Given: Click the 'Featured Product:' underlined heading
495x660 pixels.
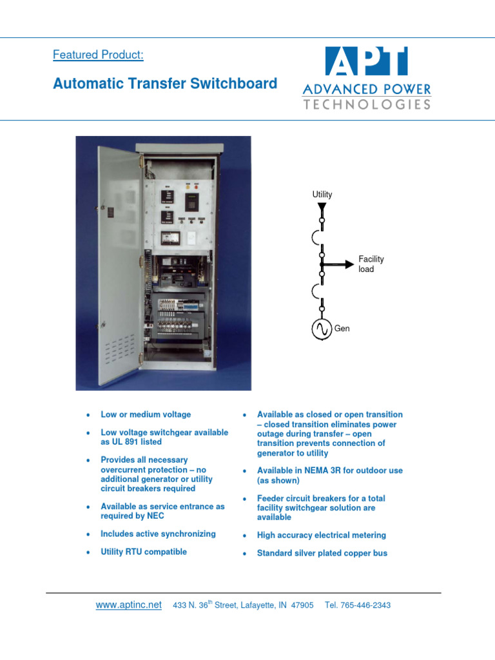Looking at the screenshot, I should [98, 55].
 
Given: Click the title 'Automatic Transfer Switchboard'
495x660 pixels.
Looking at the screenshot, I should [165, 83].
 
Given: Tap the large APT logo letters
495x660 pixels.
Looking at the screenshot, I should [366, 61].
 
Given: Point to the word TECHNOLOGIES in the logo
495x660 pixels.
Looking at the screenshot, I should [367, 104].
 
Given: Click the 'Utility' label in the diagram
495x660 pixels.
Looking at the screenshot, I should [322, 194].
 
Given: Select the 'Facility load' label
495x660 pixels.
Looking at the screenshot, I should [371, 264].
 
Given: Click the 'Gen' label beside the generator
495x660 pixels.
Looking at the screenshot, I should [342, 329].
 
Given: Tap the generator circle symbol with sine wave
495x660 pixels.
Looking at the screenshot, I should [322, 329].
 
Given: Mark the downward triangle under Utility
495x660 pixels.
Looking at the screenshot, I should [322, 206].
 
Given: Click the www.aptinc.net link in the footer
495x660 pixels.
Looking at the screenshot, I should [128, 605].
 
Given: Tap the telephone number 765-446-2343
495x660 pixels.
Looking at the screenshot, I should [367, 605].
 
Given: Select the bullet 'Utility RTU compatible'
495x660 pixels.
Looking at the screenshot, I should [144, 552].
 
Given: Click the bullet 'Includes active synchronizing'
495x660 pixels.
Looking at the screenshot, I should [158, 534].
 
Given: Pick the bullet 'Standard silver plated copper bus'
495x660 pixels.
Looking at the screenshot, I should [322, 553].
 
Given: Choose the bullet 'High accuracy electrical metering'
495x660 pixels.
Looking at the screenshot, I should [321, 535].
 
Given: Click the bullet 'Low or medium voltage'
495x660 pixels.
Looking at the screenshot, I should [146, 414].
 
